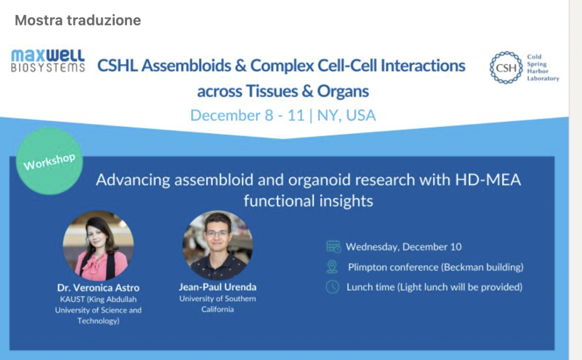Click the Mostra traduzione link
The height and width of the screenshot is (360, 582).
click(x=78, y=20)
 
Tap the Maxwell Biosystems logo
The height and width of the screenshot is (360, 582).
click(x=48, y=61)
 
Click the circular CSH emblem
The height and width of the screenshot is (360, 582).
click(x=506, y=68)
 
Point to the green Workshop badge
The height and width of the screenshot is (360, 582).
click(x=49, y=161)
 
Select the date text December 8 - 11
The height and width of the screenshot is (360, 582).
click(x=248, y=115)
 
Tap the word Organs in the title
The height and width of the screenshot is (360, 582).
click(x=343, y=91)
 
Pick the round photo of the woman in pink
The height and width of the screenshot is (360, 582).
click(x=98, y=246)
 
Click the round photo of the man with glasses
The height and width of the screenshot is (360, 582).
click(x=217, y=245)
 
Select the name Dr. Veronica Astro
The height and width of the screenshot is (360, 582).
click(x=98, y=287)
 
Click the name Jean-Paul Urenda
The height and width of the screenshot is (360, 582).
click(x=217, y=287)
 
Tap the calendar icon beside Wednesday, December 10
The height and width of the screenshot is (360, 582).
click(x=333, y=246)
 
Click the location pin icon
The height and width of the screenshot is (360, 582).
click(x=332, y=267)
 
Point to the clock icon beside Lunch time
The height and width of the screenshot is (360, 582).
click(x=333, y=287)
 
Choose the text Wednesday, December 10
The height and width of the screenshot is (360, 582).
click(x=404, y=247)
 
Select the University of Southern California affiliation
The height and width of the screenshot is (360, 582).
click(x=217, y=304)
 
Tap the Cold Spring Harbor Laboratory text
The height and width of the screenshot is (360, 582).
click(x=543, y=68)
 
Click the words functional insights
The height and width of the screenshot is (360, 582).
click(x=308, y=201)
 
